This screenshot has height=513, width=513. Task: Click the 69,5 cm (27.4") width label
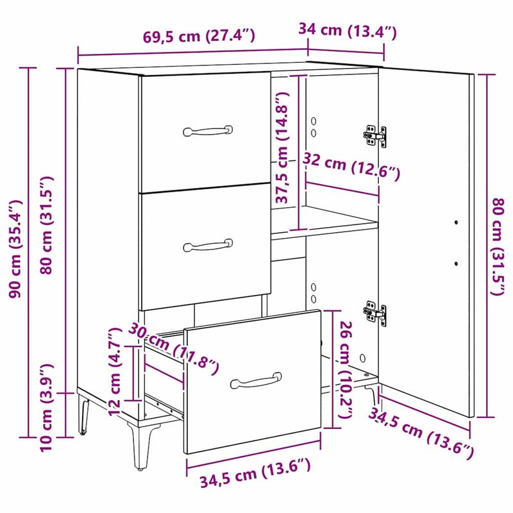(x=199, y=36)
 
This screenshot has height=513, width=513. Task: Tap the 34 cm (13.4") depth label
(x=348, y=30)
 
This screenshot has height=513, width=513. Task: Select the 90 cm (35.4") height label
(x=13, y=251)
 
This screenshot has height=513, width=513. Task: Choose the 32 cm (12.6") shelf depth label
(x=352, y=166)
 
